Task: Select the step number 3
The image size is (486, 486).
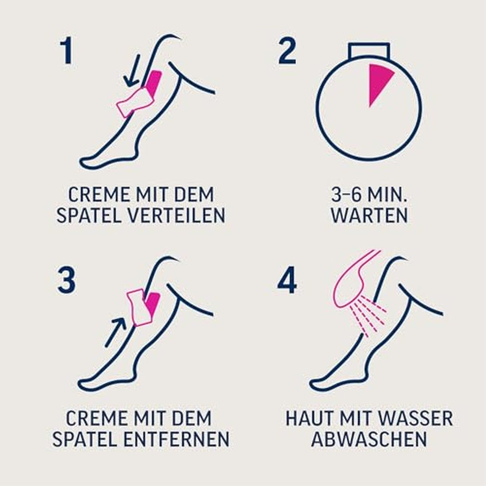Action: click(x=66, y=280)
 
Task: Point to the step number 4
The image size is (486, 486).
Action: click(x=287, y=280)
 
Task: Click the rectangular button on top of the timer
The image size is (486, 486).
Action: click(x=368, y=50)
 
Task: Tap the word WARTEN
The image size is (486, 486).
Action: click(x=369, y=215)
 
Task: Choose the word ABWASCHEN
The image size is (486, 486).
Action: click(x=369, y=439)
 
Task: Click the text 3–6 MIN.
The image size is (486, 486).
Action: click(x=369, y=195)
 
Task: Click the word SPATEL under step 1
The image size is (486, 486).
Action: click(x=90, y=215)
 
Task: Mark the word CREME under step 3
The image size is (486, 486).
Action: click(x=93, y=418)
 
